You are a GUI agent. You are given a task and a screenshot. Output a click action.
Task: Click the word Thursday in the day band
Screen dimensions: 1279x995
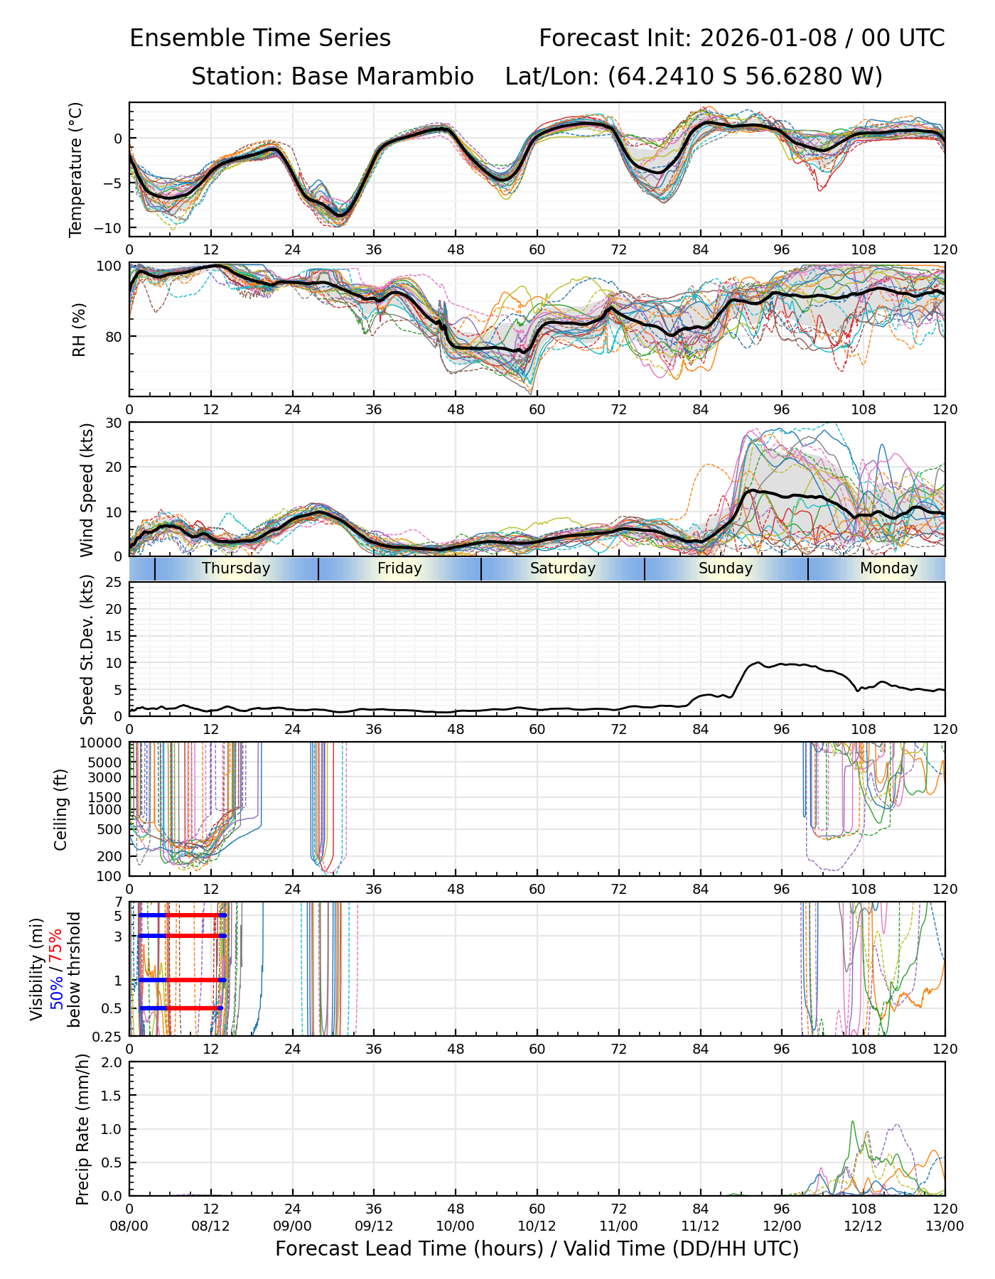(236, 568)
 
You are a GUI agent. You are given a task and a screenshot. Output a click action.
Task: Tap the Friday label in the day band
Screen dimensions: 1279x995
(399, 568)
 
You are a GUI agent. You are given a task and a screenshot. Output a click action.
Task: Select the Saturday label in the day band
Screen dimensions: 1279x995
(563, 568)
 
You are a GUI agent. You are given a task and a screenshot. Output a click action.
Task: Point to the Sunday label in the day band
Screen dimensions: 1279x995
(726, 568)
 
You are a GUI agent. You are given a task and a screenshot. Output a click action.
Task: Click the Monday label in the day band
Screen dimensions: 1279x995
(888, 568)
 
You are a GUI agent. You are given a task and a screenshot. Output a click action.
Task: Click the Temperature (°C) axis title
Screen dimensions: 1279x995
(76, 169)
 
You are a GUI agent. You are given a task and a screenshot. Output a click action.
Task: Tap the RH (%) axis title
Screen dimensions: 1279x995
(79, 330)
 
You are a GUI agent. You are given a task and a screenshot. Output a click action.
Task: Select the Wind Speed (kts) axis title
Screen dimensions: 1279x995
(87, 490)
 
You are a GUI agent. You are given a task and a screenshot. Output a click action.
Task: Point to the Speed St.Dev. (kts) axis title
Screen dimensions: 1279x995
(87, 649)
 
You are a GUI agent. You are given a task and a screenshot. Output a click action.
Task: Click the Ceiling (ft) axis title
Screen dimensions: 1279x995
(61, 809)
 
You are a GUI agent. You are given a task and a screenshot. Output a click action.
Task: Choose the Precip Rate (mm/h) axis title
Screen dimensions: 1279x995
(83, 1129)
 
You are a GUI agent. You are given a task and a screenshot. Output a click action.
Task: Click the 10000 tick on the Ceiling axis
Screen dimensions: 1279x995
(104, 743)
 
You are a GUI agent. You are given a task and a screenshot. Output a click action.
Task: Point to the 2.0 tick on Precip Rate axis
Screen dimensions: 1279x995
(112, 1062)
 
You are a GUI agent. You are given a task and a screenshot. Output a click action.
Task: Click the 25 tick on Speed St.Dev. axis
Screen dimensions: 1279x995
(114, 583)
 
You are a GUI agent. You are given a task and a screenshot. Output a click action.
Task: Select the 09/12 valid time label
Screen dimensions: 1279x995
(374, 1226)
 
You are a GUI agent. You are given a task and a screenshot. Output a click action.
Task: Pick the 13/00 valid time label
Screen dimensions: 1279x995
(945, 1226)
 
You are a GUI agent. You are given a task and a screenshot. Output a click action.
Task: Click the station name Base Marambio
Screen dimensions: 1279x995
(382, 77)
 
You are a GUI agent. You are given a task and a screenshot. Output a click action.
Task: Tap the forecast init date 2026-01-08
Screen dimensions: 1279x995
(768, 38)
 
